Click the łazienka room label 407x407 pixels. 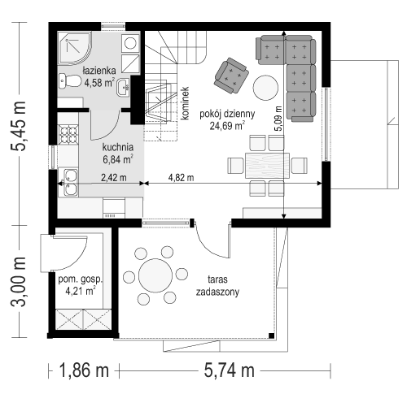point(99,71)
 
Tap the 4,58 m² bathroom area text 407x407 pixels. point(99,82)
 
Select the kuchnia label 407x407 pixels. point(118,147)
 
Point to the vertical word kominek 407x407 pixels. point(185,103)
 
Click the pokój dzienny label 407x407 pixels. point(227,114)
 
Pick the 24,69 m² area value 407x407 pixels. point(227,126)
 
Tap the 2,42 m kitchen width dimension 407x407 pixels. point(114,178)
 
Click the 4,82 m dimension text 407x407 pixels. point(181,178)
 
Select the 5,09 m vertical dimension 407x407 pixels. point(278,119)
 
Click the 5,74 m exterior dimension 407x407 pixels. point(230,370)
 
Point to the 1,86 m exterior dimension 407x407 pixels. point(84,370)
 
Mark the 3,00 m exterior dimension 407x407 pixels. point(19,282)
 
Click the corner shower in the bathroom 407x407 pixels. point(75,48)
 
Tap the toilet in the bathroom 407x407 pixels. point(69,80)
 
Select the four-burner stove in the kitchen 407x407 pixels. point(68,134)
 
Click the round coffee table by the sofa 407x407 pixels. point(265,88)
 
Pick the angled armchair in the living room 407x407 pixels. point(231,76)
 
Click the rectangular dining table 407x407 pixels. point(267,166)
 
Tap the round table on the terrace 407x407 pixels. point(155,275)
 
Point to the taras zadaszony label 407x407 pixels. point(217,286)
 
